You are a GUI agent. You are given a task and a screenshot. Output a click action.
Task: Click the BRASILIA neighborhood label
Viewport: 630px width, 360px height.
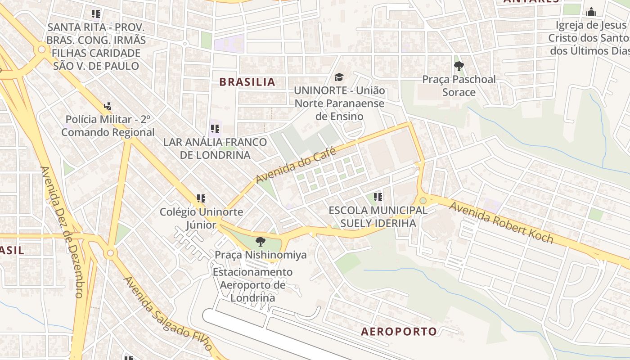247,82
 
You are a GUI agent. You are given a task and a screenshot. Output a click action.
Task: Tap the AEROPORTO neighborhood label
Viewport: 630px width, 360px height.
399,332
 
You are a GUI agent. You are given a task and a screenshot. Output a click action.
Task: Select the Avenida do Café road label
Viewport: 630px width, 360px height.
296,165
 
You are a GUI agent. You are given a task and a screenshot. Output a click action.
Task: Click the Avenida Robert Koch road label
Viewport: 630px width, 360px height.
501,223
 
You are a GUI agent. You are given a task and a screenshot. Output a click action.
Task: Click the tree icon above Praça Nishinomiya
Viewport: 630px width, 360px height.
260,242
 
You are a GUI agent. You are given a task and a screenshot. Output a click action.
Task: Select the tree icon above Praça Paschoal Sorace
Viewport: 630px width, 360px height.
459,67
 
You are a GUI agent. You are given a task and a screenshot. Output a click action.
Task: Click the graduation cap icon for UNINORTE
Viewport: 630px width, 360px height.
339,77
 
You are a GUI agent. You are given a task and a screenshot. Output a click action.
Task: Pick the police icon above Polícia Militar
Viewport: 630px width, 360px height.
107,107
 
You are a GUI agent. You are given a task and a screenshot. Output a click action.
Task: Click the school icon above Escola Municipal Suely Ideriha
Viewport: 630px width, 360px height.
378,197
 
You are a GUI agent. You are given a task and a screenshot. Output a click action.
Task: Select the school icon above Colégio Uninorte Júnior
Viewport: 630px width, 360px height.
201,198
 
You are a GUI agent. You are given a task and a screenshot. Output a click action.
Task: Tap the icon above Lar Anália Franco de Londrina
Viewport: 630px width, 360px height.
215,129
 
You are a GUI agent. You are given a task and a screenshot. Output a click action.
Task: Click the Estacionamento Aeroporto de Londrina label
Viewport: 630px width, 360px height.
252,285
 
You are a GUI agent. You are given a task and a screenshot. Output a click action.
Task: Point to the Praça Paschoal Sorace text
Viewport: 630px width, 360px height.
459,85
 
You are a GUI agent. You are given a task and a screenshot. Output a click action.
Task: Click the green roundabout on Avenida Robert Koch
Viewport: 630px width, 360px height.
423,200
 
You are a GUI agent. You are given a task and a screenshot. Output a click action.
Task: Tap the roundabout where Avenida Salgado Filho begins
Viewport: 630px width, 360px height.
110,254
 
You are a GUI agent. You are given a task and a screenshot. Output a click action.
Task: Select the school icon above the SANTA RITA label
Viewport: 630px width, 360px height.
95,14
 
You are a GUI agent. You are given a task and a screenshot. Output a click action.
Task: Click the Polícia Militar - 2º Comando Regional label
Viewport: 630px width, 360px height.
108,126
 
